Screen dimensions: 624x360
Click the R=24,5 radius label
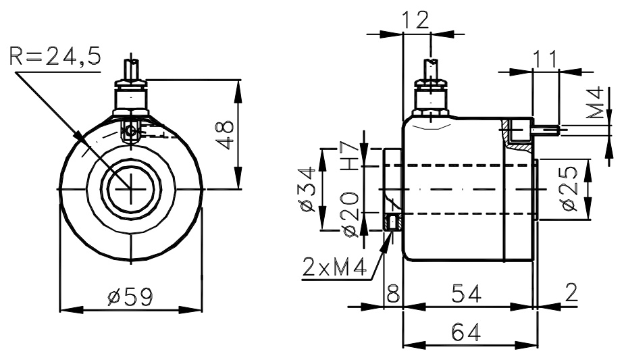point(55,56)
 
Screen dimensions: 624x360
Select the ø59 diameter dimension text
point(130,297)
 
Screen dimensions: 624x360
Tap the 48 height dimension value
point(226,134)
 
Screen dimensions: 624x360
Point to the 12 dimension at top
point(415,20)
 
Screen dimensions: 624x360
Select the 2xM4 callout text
point(334,267)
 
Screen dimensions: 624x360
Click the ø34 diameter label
point(307,190)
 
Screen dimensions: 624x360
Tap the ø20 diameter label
point(350,215)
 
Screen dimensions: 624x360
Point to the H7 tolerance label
point(350,156)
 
